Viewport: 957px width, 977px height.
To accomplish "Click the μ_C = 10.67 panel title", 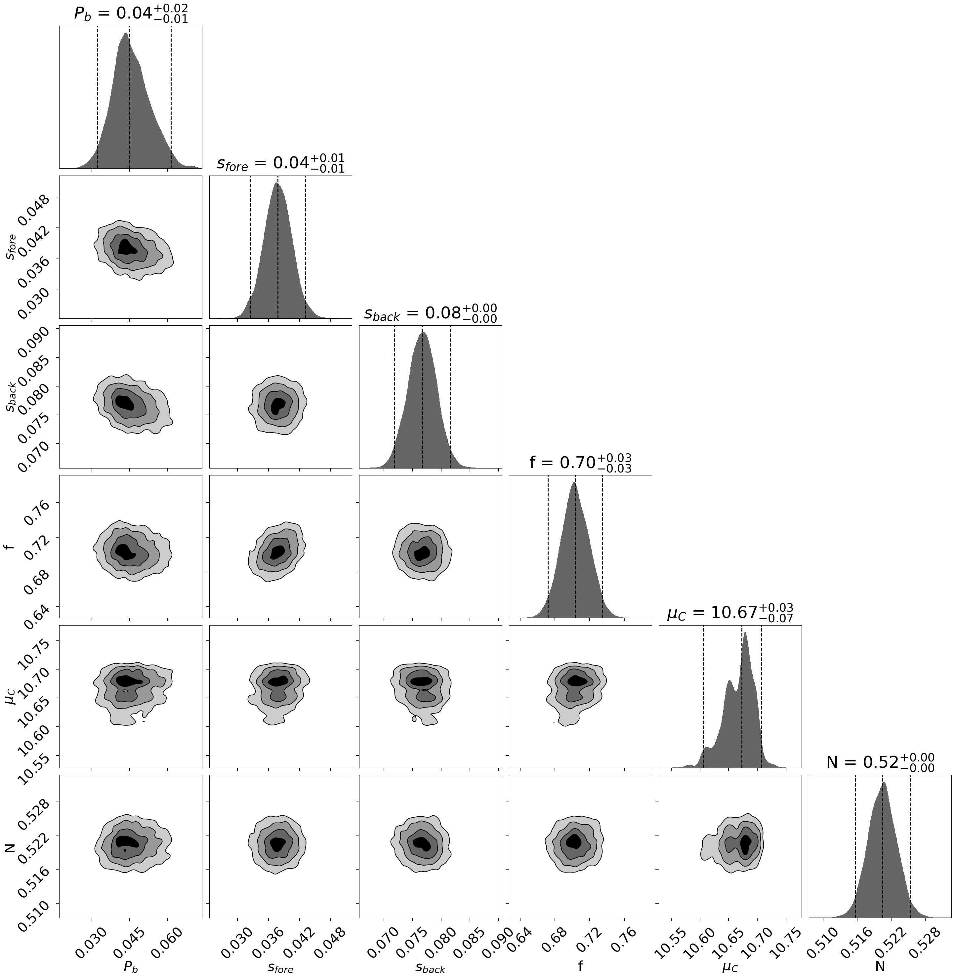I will tap(730, 613).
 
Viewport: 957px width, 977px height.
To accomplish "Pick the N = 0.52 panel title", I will tap(880, 762).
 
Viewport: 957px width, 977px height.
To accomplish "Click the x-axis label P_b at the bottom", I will tap(131, 964).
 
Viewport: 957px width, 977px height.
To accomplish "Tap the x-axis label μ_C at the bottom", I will tap(730, 964).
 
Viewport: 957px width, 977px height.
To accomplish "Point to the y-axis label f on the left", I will tap(11, 546).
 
